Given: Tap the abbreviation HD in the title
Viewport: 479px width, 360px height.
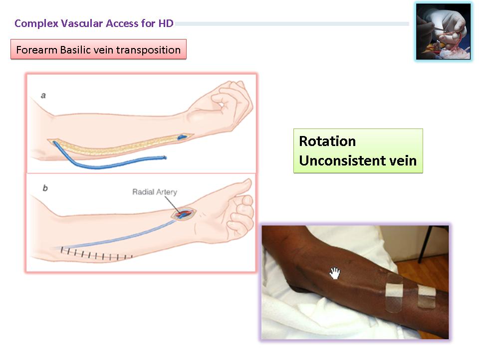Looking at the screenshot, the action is (166, 23).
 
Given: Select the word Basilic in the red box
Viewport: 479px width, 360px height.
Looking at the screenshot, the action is (73, 49).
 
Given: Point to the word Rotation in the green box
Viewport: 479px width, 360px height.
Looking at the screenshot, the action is (327, 141).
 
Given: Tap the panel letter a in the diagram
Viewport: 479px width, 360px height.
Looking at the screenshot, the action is (43, 95).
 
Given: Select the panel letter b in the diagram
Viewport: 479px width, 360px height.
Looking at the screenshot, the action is (45, 188).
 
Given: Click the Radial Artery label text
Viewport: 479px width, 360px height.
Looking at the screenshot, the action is (155, 192).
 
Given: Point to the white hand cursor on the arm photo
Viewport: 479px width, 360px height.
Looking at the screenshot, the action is (335, 273).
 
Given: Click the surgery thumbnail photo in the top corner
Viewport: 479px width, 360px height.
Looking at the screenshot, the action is (443, 31).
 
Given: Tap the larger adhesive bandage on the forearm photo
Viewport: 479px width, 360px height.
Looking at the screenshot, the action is (394, 293).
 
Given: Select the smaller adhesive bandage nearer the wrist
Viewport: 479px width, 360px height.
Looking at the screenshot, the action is (427, 296).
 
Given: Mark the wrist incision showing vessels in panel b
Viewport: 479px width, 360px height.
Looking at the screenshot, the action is (183, 213).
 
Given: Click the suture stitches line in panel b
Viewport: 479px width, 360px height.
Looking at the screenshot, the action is (96, 254).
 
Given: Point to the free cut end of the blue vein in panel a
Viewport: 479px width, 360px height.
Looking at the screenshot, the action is (164, 158).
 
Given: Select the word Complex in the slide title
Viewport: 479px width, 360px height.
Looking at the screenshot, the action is (36, 23).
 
